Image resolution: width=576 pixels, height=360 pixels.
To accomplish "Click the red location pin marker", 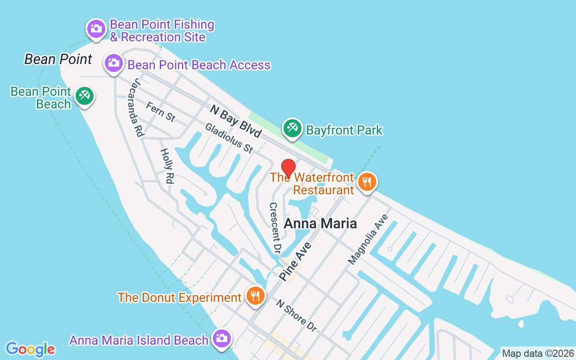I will [x=288, y=167].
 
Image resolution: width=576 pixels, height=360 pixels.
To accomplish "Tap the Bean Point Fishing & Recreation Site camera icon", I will [x=96, y=28].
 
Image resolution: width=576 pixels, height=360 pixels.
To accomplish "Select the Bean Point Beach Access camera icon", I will [x=114, y=63].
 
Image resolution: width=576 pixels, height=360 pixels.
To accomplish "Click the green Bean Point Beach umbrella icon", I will [x=84, y=95].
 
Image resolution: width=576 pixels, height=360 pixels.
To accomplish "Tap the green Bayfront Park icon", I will [x=292, y=128].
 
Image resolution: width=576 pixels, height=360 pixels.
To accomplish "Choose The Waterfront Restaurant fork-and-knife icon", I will [x=367, y=182].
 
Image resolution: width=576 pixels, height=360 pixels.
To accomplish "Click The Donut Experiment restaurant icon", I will [x=256, y=296].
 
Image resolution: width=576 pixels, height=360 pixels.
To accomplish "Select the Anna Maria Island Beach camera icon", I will [x=221, y=338].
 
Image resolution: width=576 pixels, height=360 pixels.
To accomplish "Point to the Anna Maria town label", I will [x=320, y=223].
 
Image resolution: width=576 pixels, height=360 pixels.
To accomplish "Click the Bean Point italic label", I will [x=58, y=59].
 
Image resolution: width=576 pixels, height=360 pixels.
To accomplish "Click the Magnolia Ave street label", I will [x=368, y=239].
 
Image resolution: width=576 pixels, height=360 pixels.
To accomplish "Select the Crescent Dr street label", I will [x=275, y=227].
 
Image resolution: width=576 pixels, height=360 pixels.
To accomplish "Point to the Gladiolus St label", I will [x=229, y=138].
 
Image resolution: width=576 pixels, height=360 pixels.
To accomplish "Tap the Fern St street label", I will [x=161, y=111].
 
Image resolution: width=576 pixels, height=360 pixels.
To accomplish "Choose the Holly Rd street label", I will [x=166, y=166].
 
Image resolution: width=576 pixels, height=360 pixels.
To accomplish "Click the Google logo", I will [x=30, y=349].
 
